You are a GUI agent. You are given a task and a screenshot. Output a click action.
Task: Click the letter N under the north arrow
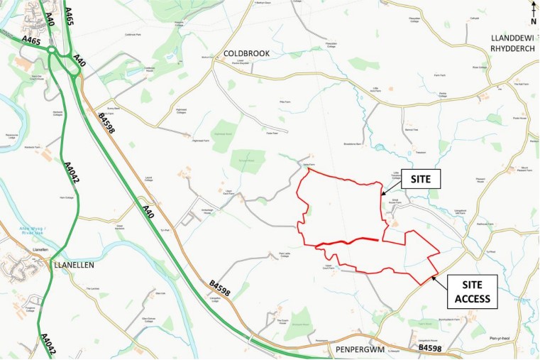tap(533, 21)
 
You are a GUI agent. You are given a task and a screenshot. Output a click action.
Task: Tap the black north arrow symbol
tap(533, 8)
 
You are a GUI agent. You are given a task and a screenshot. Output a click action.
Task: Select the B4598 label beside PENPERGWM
tap(429, 349)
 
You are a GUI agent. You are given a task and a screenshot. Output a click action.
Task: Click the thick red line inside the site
tap(348, 241)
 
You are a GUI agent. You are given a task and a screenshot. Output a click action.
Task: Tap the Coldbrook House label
tap(149, 68)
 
